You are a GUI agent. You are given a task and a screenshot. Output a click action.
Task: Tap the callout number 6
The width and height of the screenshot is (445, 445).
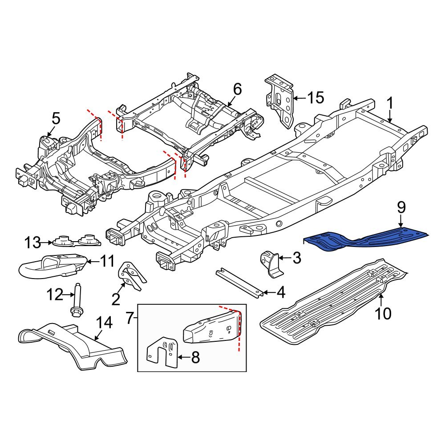tap(237, 89)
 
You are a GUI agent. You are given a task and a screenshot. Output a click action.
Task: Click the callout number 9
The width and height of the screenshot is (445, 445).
tap(401, 207)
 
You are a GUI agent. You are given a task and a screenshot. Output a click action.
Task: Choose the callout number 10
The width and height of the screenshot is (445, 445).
tap(383, 314)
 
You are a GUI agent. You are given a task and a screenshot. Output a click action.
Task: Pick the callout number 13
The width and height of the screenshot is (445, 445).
tap(32, 243)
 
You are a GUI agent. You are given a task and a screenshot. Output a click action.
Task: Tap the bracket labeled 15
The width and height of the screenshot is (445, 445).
tap(280, 100)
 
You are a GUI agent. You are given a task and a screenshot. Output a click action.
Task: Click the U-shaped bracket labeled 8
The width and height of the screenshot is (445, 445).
tap(162, 354)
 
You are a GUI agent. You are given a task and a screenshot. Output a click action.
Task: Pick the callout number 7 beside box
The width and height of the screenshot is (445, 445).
tap(129, 318)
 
